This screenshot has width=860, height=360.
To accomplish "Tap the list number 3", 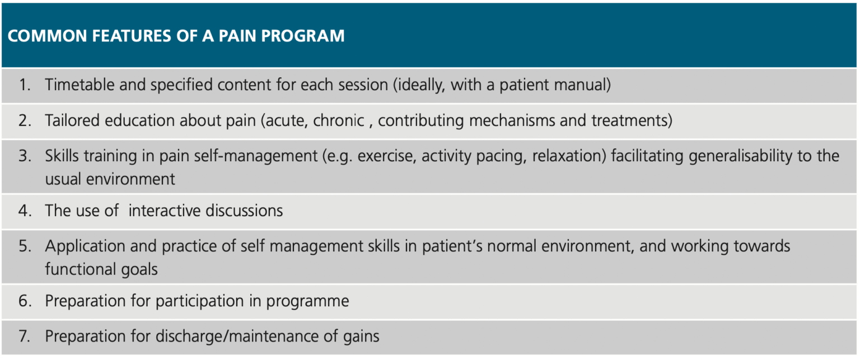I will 25,156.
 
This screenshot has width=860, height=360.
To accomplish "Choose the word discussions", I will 244,211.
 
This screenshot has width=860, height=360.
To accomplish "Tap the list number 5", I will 25,246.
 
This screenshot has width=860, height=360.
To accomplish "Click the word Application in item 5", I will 81,246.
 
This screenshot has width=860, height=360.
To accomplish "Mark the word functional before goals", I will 81,269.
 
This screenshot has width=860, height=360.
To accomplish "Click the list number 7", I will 25,336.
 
